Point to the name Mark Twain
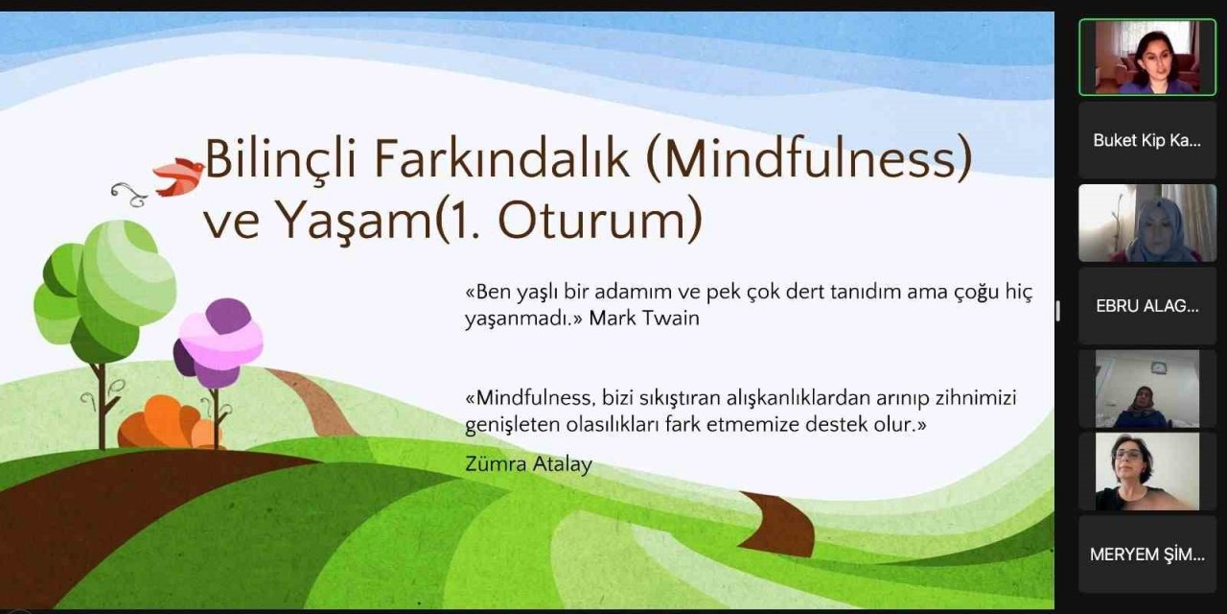click(x=644, y=319)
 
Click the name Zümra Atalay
click(x=528, y=464)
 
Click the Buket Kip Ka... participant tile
click(x=1146, y=140)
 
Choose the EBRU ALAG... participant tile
click(x=1146, y=306)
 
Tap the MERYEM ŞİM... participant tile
click(x=1146, y=555)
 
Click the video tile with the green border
click(x=1146, y=57)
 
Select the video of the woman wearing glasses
click(x=1146, y=471)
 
